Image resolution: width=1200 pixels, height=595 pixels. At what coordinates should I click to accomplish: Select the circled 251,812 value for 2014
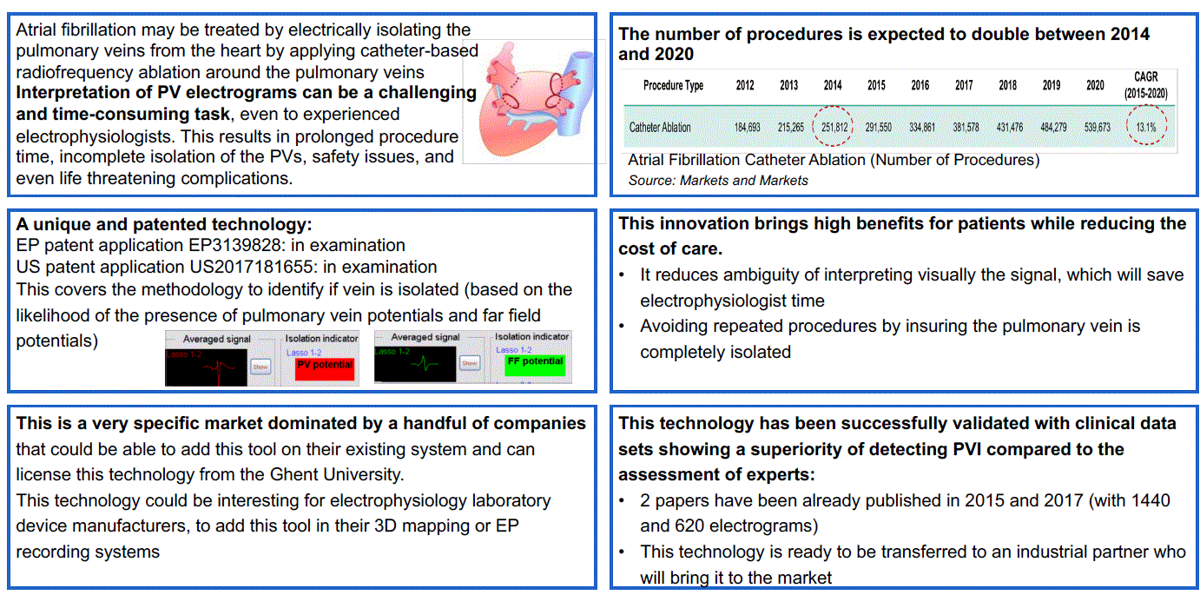[832, 127]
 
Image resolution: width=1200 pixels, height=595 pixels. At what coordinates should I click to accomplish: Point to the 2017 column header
[964, 86]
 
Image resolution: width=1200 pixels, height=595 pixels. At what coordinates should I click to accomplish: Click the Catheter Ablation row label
[660, 127]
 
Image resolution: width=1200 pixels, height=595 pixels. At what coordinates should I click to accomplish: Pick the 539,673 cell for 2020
[1095, 127]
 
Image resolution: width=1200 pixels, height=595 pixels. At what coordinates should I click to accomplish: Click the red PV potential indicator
[325, 366]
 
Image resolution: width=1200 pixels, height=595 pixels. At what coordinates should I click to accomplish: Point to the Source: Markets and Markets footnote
[718, 181]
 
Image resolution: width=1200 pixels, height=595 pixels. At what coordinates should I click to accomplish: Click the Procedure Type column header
[673, 86]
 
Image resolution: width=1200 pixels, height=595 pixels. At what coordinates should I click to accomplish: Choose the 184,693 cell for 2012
[747, 127]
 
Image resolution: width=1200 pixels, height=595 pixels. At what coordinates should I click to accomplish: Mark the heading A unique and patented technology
[164, 225]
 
